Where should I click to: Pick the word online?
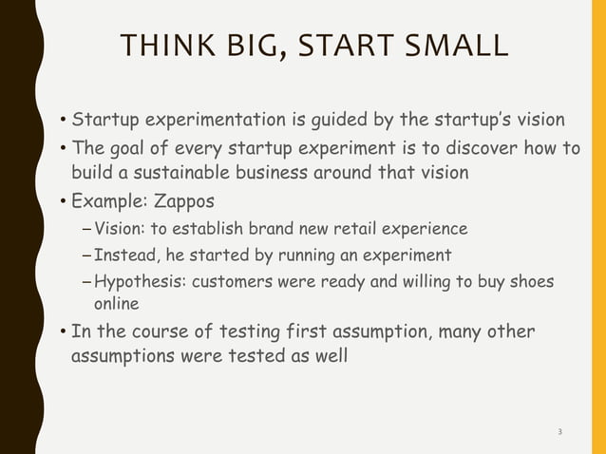(x=114, y=304)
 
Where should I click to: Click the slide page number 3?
(x=559, y=432)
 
